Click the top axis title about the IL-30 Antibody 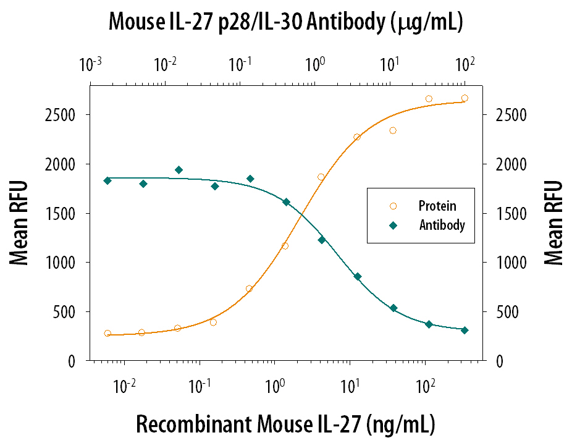tap(286, 23)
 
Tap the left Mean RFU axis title tap(20, 223)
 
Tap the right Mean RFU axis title tap(553, 223)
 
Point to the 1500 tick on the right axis tap(515, 214)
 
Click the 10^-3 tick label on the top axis tap(91, 64)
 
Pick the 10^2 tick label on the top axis tap(465, 64)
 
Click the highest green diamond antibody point tap(179, 170)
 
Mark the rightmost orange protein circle tap(465, 98)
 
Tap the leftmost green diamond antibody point tap(107, 180)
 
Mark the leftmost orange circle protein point tap(107, 333)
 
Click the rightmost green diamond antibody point tap(465, 330)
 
